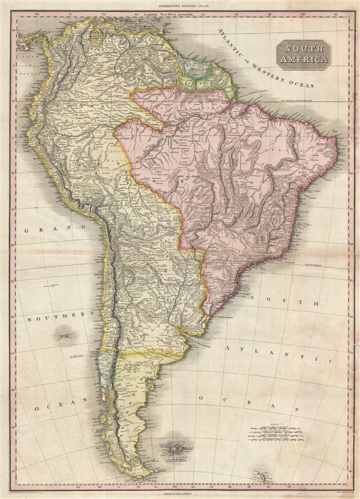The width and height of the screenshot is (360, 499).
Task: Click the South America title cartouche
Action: coord(304,55)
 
